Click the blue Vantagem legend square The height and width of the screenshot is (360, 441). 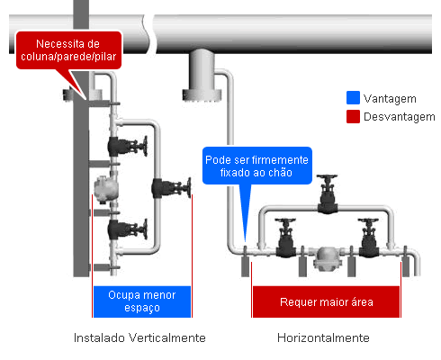[x=353, y=98]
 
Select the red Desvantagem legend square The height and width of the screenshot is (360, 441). [x=353, y=116]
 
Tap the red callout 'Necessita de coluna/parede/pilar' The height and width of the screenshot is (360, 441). [x=68, y=50]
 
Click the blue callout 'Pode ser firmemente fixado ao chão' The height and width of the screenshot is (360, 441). [x=257, y=166]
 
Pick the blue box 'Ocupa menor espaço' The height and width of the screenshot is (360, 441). [x=142, y=301]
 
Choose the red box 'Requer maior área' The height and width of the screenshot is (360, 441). [x=326, y=301]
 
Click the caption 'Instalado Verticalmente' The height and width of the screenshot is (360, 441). [x=139, y=337]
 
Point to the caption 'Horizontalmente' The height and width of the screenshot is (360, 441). [x=323, y=337]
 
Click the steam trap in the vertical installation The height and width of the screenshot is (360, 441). [x=105, y=189]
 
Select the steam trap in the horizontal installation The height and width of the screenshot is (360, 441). [x=327, y=257]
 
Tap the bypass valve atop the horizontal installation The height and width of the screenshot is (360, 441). [x=328, y=193]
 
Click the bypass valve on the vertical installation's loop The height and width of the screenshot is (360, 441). [x=171, y=188]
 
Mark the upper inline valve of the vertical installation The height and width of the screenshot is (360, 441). [x=128, y=146]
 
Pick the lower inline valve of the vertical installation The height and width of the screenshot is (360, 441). [x=128, y=229]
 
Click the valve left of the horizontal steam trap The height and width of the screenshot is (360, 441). [x=285, y=238]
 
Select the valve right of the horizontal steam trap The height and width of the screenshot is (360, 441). [x=369, y=238]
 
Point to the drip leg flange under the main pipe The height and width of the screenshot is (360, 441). [x=202, y=95]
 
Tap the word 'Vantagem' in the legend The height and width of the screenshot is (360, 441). [x=390, y=98]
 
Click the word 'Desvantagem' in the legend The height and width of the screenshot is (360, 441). [x=400, y=117]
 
